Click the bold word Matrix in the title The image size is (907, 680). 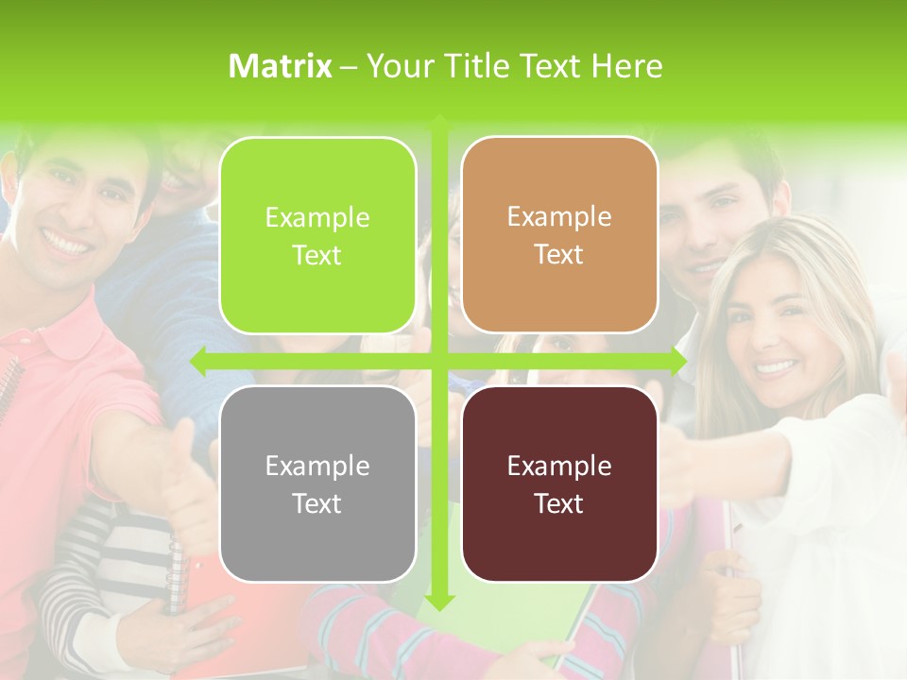click(x=281, y=66)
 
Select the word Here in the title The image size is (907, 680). click(x=626, y=66)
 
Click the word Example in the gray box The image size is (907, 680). click(x=317, y=466)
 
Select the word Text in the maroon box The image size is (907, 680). click(x=559, y=503)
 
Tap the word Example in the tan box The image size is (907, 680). click(x=559, y=217)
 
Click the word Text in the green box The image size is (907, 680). click(x=317, y=255)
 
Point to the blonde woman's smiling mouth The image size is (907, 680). click(x=777, y=365)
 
